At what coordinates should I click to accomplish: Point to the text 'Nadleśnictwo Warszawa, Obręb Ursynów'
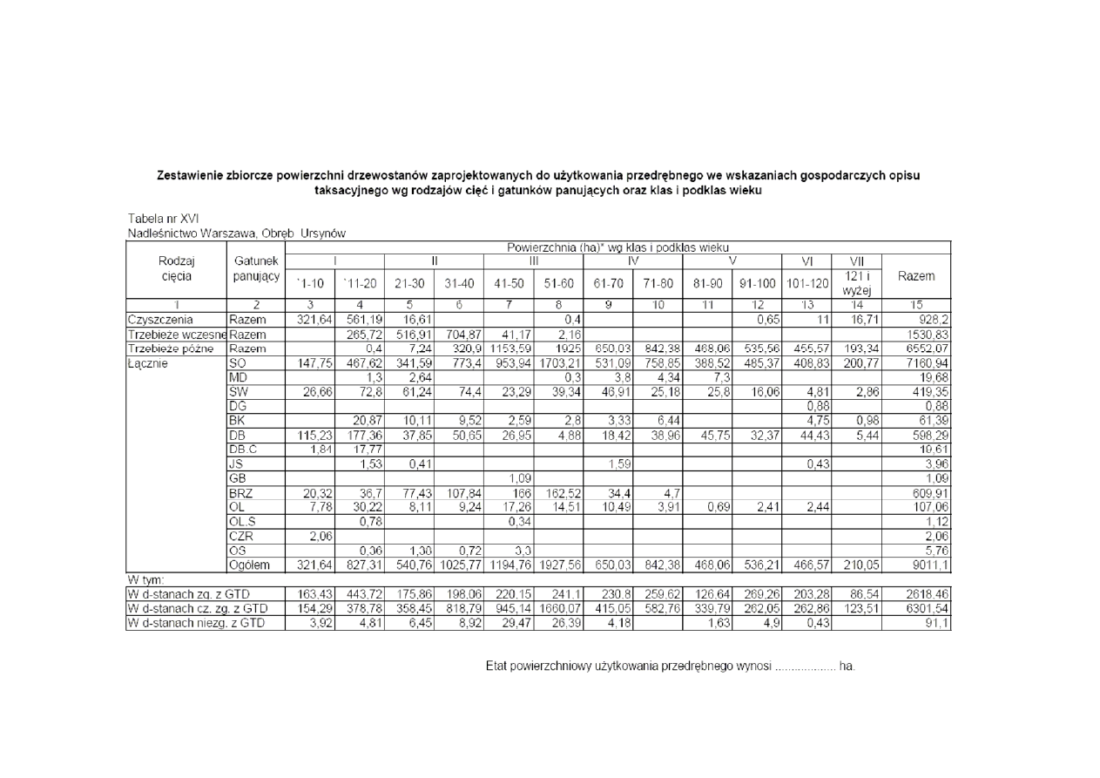237,233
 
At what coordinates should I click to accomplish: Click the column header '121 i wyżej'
857,282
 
